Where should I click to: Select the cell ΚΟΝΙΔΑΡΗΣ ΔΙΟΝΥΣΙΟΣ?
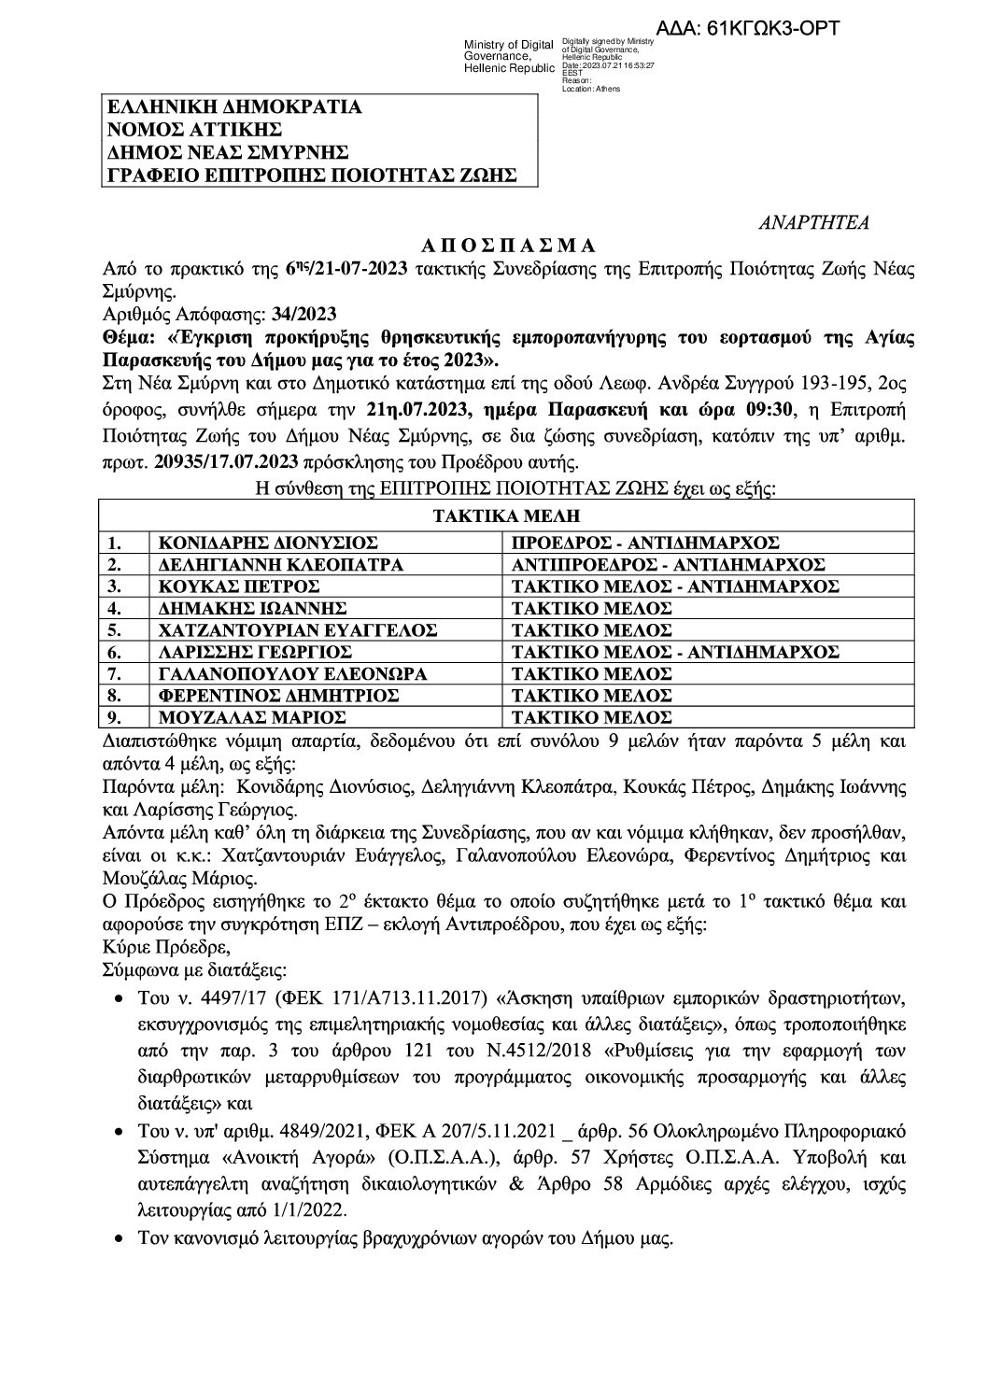coord(258,543)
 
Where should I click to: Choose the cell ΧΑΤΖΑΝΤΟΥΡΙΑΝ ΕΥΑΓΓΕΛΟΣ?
coord(297,630)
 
